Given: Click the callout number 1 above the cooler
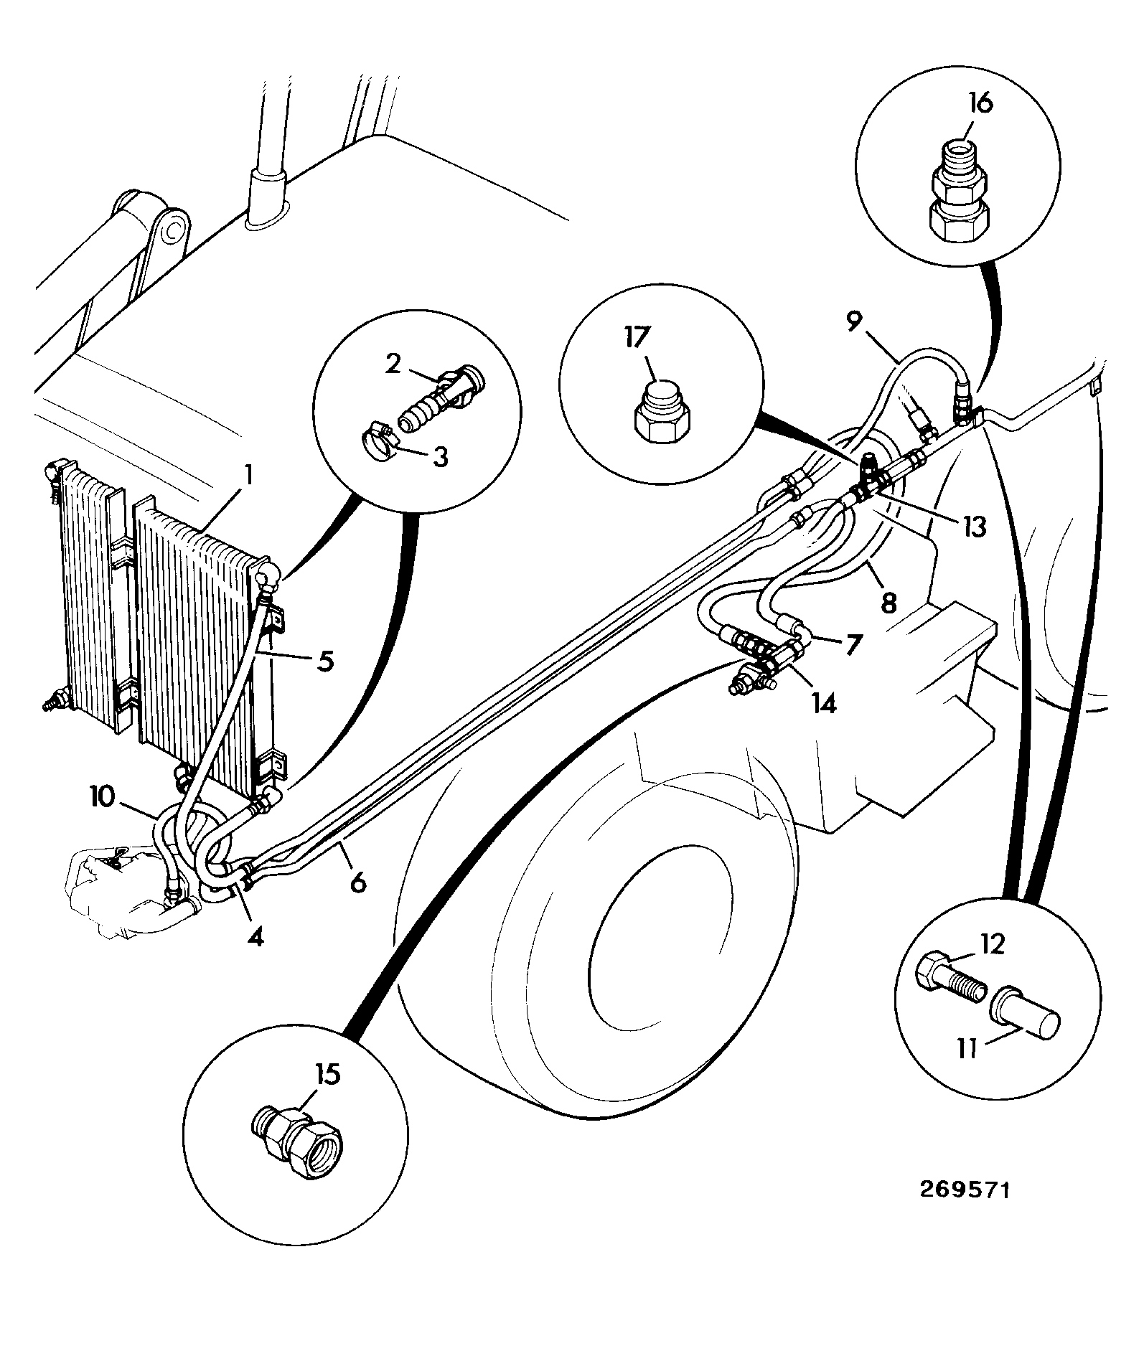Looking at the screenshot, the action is click(x=248, y=474).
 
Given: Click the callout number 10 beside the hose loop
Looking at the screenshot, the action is click(x=103, y=797).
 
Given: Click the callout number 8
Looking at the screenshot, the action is click(x=889, y=603).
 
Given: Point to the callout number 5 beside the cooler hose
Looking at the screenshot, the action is click(x=325, y=660).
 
